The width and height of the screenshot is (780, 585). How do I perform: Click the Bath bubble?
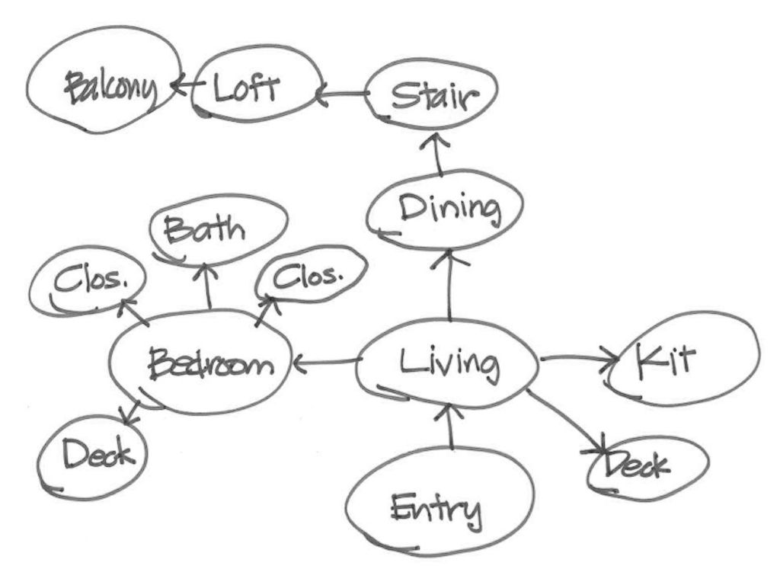218,227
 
